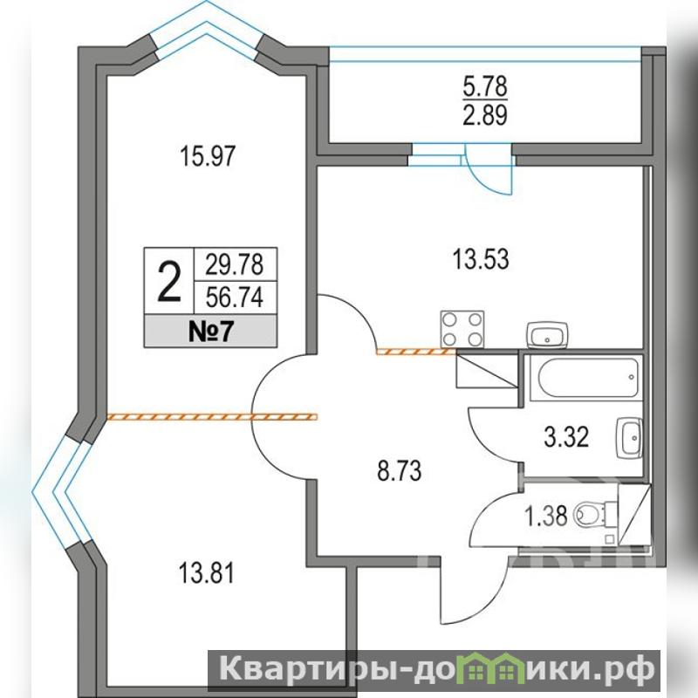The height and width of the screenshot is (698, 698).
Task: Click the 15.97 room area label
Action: pyautogui.click(x=208, y=157)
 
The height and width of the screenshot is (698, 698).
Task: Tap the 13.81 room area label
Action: pyautogui.click(x=206, y=573)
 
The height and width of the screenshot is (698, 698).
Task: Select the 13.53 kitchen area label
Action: pyautogui.click(x=481, y=259)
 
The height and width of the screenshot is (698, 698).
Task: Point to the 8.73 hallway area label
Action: pyautogui.click(x=399, y=471)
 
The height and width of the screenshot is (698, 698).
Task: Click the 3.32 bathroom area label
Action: pyautogui.click(x=566, y=437)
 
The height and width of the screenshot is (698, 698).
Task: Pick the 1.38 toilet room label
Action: pyautogui.click(x=546, y=517)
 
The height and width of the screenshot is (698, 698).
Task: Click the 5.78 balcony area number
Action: pyautogui.click(x=485, y=86)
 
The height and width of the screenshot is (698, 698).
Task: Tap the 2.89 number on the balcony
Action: pyautogui.click(x=485, y=116)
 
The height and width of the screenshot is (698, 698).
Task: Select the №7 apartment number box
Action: pyautogui.click(x=210, y=332)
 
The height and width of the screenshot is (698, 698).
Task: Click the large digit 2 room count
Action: pyautogui.click(x=169, y=282)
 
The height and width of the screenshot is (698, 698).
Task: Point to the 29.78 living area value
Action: pyautogui.click(x=234, y=264)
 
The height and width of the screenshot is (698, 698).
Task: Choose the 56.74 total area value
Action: pyautogui.click(x=234, y=298)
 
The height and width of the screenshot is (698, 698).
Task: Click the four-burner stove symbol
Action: pyautogui.click(x=462, y=330)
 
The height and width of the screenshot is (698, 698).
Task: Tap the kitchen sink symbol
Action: pyautogui.click(x=547, y=335)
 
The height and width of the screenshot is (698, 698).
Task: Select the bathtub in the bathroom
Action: pyautogui.click(x=589, y=378)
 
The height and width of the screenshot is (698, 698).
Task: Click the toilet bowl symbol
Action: pyautogui.click(x=595, y=515)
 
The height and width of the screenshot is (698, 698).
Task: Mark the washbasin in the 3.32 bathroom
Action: pyautogui.click(x=629, y=438)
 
